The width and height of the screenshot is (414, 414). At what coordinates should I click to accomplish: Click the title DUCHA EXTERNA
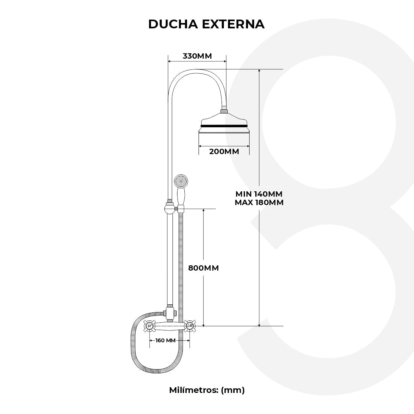[206, 24]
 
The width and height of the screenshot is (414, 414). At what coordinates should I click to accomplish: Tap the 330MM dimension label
[197, 56]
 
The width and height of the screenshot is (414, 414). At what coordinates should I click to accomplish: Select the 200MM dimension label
[224, 151]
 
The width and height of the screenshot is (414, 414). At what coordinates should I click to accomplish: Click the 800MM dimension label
[204, 268]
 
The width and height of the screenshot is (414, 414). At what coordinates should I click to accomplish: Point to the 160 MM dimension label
[166, 340]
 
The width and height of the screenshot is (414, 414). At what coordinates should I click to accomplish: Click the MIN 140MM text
[259, 194]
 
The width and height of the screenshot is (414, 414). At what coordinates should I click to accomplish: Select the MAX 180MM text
[259, 203]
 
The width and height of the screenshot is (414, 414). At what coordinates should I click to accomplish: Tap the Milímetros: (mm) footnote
[207, 390]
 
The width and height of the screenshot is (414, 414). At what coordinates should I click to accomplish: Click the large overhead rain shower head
[224, 127]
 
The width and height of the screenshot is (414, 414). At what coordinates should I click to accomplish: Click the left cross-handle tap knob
[149, 326]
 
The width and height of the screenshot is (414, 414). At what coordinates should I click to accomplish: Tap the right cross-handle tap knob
[189, 326]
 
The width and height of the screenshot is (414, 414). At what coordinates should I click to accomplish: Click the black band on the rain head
[224, 126]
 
